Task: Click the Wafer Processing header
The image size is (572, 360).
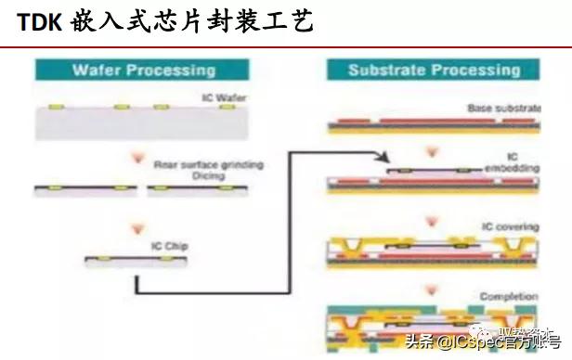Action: [143, 70]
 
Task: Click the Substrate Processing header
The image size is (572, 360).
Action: [433, 70]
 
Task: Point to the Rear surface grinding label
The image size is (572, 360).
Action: [209, 164]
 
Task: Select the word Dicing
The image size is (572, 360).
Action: [172, 174]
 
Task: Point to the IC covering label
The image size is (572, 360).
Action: [502, 227]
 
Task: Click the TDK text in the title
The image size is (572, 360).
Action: [39, 21]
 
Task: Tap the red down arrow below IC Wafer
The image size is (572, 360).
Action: [139, 150]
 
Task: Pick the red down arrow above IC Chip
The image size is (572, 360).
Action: [139, 227]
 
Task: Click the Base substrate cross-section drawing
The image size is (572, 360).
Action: [433, 123]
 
